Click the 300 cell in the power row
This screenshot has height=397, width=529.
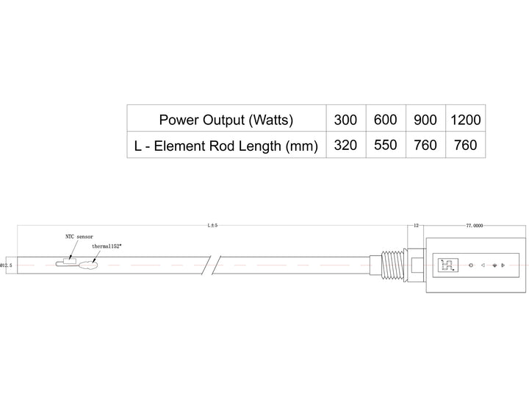coord(345,119)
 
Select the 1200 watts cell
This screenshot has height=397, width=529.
coord(466,119)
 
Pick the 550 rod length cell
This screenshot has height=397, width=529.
coord(386,145)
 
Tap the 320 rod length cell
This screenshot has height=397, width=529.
coord(345,145)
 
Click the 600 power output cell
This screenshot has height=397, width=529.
coord(386,119)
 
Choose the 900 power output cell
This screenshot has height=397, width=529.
coord(425,119)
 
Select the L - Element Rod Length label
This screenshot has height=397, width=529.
coord(226,146)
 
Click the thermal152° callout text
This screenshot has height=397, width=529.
coord(107,246)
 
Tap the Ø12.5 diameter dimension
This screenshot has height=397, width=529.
coord(6,265)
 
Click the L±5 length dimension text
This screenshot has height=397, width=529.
coord(213,226)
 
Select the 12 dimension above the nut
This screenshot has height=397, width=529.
coord(416,226)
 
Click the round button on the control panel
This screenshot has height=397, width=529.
coord(470,265)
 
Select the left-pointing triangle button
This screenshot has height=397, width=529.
coord(482,265)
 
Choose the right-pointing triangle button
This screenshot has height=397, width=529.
coord(503,265)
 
